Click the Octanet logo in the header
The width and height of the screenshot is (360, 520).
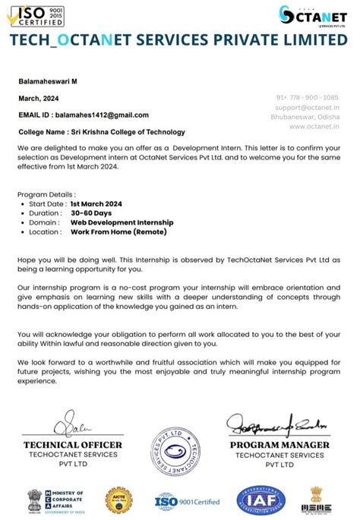pyautogui.click(x=317, y=16)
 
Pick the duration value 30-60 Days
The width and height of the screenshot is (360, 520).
pyautogui.click(x=91, y=213)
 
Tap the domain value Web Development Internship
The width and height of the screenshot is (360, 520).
pyautogui.click(x=122, y=222)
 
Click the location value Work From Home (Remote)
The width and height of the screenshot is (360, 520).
pyautogui.click(x=118, y=232)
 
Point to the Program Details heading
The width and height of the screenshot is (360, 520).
pyautogui.click(x=46, y=195)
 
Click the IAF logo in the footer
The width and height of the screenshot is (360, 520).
pyautogui.click(x=261, y=500)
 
